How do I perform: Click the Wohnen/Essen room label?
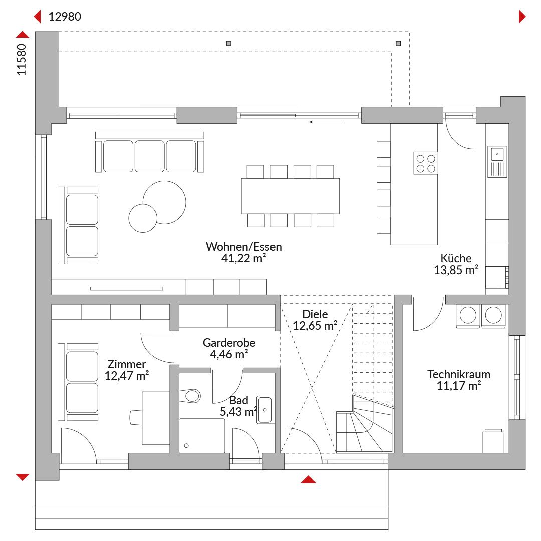pos(243,247)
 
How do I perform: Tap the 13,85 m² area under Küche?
pos(456,270)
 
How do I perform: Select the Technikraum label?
pos(458,374)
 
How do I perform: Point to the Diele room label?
pos(315,314)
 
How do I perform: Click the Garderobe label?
pos(229,343)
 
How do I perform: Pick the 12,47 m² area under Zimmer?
pos(127,375)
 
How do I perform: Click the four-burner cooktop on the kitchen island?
pos(426,163)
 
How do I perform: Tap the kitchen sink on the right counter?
pos(497,161)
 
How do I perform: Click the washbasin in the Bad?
pos(265,410)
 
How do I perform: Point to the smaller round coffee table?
pos(143,218)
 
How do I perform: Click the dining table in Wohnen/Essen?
pos(290,196)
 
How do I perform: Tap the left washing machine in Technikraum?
pos(468,316)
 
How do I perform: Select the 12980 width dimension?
pos(65,16)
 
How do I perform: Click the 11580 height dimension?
pos(22,59)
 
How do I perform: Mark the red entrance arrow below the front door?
pos(308,479)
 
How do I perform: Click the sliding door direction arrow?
pos(327,122)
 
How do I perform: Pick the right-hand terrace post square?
pos(398,43)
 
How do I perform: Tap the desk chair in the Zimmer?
pos(136,417)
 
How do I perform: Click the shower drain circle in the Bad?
pos(186,446)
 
